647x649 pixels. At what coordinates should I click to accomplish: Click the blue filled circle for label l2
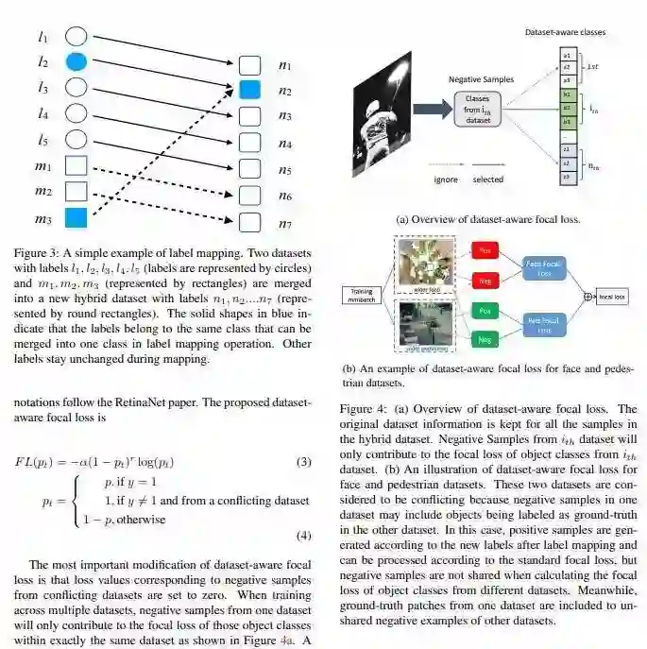click(77, 62)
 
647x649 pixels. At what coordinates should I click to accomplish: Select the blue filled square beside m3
click(77, 219)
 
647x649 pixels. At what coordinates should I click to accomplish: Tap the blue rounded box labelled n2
click(249, 91)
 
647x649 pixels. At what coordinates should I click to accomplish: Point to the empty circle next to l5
click(77, 140)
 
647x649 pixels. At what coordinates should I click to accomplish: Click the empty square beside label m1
click(77, 166)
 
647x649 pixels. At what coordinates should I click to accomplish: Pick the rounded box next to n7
click(249, 223)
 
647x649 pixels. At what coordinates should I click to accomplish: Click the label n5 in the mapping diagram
click(285, 170)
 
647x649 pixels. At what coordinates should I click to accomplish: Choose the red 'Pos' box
click(484, 252)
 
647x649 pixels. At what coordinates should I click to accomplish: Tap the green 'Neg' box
click(484, 339)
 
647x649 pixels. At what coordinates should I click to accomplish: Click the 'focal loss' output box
click(614, 297)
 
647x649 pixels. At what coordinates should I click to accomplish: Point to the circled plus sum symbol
click(589, 297)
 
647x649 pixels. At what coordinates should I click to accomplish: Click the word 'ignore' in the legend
click(446, 179)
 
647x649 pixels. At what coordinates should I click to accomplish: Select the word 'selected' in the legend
click(487, 179)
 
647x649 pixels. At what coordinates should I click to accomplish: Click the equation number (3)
click(303, 462)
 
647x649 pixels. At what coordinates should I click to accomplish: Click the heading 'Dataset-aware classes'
click(566, 32)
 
